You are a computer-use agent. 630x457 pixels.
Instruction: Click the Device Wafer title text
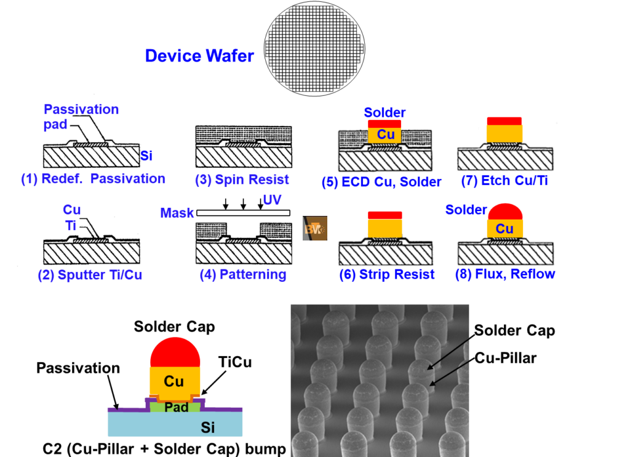[x=199, y=56]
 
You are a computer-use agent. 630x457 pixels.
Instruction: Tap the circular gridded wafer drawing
[x=314, y=49]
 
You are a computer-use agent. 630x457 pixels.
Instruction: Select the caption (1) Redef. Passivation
[x=94, y=179]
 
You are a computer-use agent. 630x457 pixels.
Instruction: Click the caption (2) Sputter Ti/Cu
[x=90, y=275]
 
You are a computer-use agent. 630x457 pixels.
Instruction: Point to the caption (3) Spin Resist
[x=242, y=180]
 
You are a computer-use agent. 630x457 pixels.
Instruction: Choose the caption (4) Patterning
[x=243, y=275]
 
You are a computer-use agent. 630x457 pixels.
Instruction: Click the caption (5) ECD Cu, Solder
[x=381, y=182]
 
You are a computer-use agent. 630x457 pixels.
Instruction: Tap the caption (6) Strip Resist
[x=387, y=275]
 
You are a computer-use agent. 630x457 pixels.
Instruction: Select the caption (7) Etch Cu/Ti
[x=504, y=181]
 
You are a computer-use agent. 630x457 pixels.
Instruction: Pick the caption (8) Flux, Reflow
[x=505, y=274]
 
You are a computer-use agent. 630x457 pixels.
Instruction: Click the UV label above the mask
[x=272, y=200]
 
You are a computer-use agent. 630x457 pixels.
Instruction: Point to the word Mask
[x=177, y=213]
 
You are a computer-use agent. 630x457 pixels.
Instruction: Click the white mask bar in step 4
[x=243, y=213]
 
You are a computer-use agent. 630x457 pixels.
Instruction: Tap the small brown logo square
[x=314, y=228]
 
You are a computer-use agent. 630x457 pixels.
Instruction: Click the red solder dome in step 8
[x=505, y=212]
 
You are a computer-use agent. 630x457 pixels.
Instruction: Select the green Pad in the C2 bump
[x=175, y=407]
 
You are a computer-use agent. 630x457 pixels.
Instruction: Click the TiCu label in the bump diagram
[x=235, y=362]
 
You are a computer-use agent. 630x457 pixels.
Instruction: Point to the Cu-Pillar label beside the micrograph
[x=506, y=358]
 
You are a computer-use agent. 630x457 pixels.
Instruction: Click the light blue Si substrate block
[x=175, y=424]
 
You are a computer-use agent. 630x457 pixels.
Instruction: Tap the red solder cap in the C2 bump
[x=175, y=352]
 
